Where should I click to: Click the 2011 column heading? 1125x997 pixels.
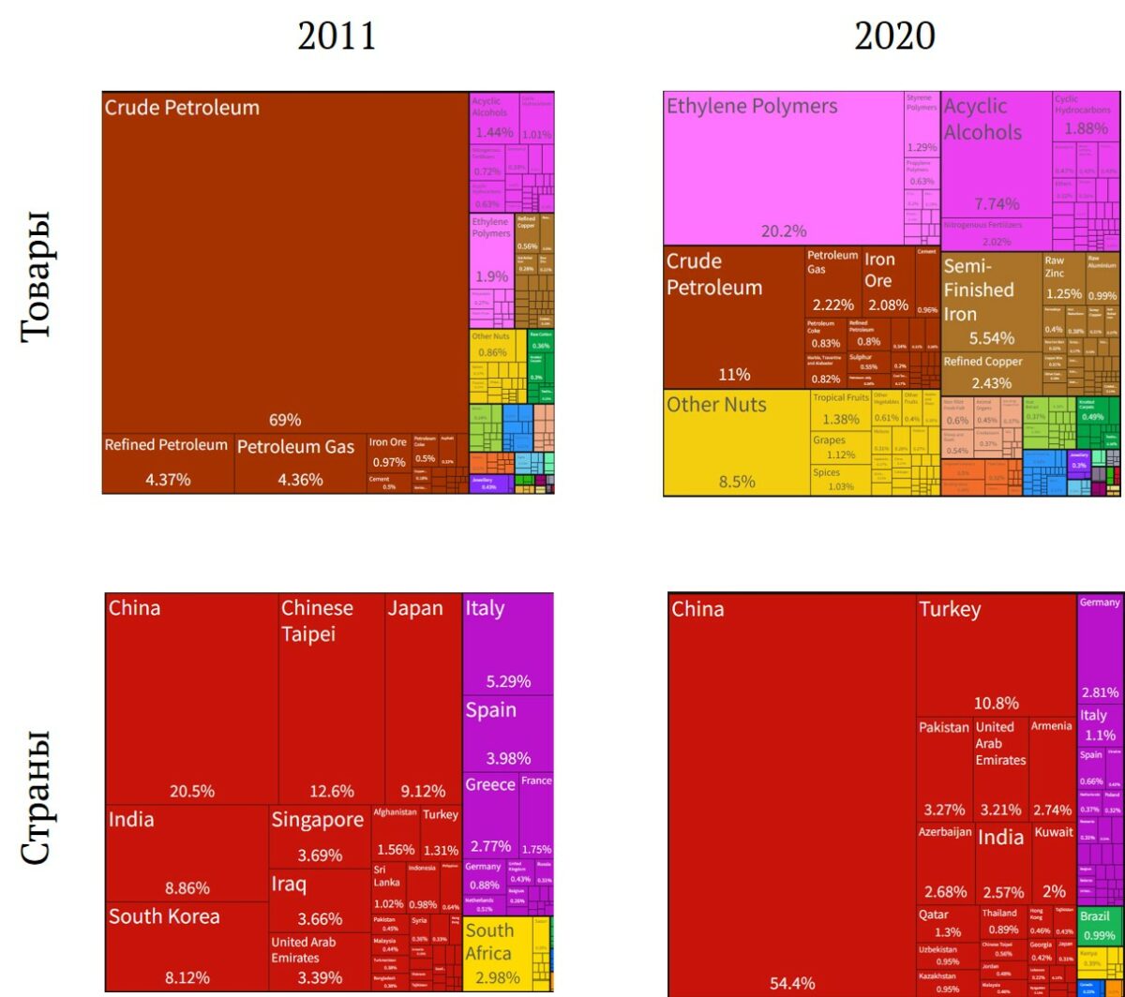coord(337,37)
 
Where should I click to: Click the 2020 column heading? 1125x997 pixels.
coord(894,37)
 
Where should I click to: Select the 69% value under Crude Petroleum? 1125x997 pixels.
coord(285,420)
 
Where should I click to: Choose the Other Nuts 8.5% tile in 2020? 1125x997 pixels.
coord(735,441)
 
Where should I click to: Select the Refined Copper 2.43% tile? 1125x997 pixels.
coord(990,372)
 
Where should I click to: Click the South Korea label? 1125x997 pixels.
coord(164,916)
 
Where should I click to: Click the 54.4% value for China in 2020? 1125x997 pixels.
coord(792,983)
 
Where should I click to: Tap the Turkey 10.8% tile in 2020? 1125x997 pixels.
coord(995,656)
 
